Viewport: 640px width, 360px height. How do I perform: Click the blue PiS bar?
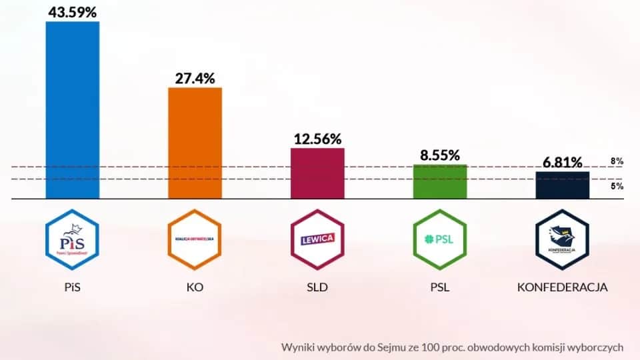coord(72,110)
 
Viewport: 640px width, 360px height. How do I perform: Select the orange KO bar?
coord(195,143)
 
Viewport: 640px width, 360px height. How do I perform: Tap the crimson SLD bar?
coord(317,173)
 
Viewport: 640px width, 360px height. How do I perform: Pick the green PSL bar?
coord(440,181)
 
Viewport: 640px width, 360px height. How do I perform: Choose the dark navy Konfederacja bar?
coord(563,185)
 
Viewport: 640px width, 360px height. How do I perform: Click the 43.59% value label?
coord(72,11)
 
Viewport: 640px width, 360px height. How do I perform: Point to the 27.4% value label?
coord(195,78)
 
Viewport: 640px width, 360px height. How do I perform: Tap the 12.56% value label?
coord(317,139)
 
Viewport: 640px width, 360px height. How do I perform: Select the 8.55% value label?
coord(440,155)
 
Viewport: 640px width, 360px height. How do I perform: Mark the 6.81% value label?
coord(562,162)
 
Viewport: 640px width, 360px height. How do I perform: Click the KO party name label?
coord(195,288)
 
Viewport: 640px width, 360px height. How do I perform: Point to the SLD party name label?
coord(317,288)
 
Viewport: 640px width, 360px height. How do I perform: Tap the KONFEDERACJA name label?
coord(563,288)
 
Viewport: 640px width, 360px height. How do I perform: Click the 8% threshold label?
coord(617,161)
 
